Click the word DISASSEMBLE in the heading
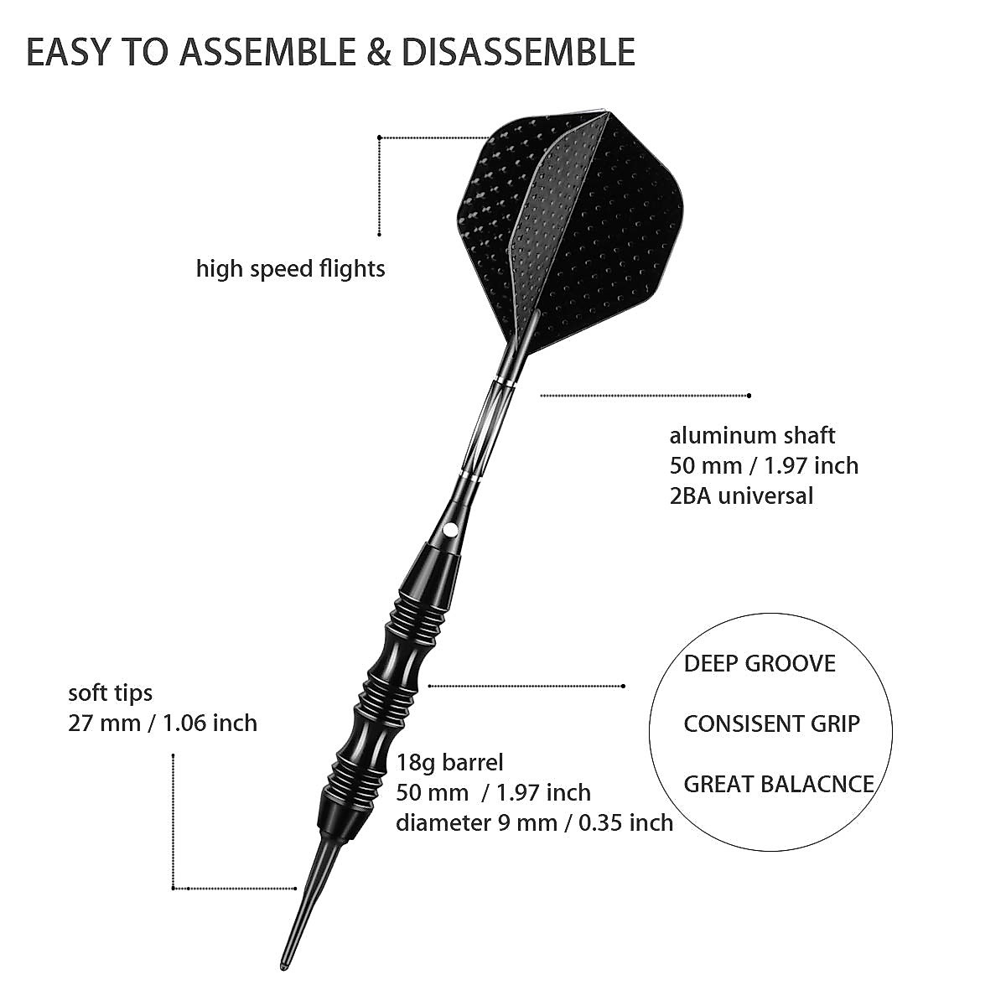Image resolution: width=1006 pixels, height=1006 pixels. tap(517, 52)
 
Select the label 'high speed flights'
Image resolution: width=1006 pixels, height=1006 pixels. tap(291, 269)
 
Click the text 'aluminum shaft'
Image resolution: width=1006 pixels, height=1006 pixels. tap(752, 435)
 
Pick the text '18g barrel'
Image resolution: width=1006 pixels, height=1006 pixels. tap(450, 762)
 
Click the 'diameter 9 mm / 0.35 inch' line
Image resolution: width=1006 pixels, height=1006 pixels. tap(534, 822)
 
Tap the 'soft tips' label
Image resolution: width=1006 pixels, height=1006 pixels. tap(111, 692)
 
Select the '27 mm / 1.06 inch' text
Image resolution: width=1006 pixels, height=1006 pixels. tap(163, 722)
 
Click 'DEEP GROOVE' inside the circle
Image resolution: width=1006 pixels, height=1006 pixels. tap(760, 664)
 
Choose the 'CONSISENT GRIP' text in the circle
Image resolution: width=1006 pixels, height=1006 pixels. tap(771, 723)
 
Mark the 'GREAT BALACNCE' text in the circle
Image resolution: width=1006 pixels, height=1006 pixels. tap(779, 784)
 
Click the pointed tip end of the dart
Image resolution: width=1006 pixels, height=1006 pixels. tap(283, 963)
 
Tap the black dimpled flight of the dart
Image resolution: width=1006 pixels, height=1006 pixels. tap(578, 226)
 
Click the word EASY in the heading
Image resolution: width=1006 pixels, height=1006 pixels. tap(67, 52)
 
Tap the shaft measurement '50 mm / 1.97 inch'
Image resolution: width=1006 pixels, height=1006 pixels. tap(764, 465)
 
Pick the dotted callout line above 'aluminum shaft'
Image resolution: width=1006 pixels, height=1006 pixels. tap(646, 395)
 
